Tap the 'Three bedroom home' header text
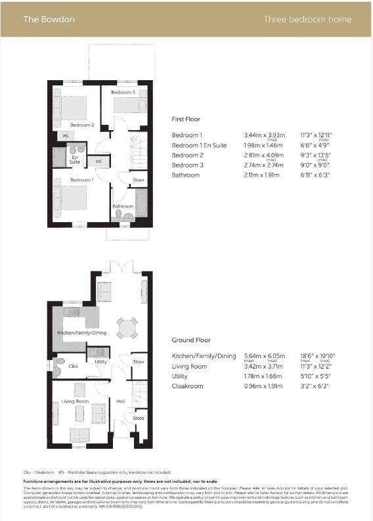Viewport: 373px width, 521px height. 307,19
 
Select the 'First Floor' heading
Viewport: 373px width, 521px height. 186,119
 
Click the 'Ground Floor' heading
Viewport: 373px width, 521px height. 191,340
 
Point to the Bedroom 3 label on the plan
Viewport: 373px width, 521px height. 123,93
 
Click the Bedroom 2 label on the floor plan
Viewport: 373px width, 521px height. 83,124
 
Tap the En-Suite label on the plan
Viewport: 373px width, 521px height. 76,159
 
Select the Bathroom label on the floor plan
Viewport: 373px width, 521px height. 123,206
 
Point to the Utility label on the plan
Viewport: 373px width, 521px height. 100,361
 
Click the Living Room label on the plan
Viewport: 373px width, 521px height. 75,401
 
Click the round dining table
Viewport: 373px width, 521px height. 127,327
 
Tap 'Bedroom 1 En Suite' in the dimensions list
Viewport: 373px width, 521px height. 200,145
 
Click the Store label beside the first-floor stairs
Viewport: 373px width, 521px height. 138,179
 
